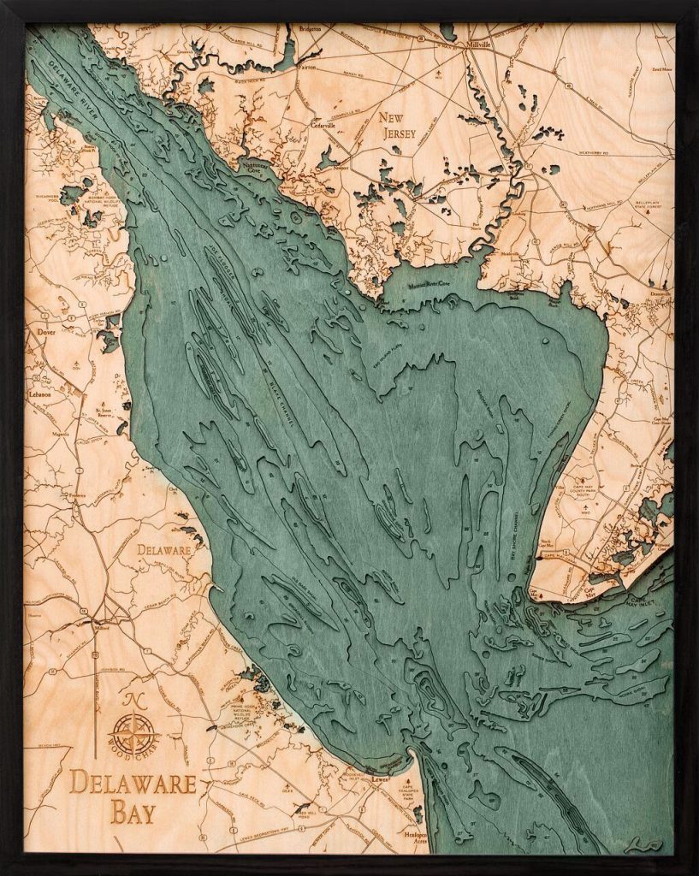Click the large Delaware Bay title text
point(133,796)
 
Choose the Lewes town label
point(380,779)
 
